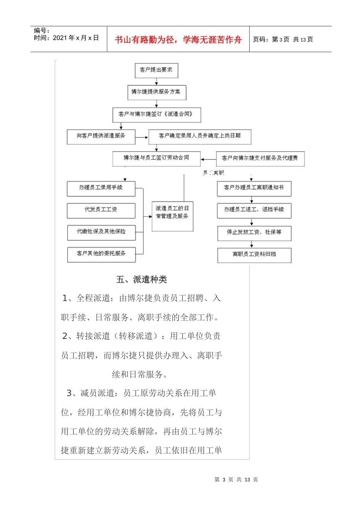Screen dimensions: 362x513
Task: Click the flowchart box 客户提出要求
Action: click(156, 70)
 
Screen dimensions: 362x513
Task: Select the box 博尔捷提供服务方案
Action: click(156, 92)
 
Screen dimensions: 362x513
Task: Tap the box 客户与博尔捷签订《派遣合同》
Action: click(156, 114)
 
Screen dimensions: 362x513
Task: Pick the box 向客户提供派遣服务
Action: click(101, 136)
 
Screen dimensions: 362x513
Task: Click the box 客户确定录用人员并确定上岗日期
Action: click(200, 136)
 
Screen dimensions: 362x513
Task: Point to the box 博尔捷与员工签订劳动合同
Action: click(156, 158)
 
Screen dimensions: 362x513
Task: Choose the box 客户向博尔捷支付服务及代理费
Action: click(260, 158)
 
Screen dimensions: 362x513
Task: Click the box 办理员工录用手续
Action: click(101, 188)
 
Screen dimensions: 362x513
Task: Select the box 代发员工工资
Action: click(101, 210)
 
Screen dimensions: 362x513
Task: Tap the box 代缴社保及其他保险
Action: click(101, 232)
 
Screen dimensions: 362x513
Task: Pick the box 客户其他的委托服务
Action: click(101, 254)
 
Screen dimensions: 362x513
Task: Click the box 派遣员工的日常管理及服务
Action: click(172, 216)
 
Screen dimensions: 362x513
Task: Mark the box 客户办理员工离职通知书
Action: click(254, 188)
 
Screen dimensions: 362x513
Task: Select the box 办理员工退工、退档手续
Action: click(254, 210)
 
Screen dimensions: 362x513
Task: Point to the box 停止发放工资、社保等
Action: click(254, 233)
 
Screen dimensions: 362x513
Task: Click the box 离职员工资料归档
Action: click(254, 255)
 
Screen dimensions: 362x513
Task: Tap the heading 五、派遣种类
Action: click(142, 280)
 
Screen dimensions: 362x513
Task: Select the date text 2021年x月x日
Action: click(76, 38)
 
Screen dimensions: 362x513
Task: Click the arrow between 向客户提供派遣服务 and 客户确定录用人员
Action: click(142, 137)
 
